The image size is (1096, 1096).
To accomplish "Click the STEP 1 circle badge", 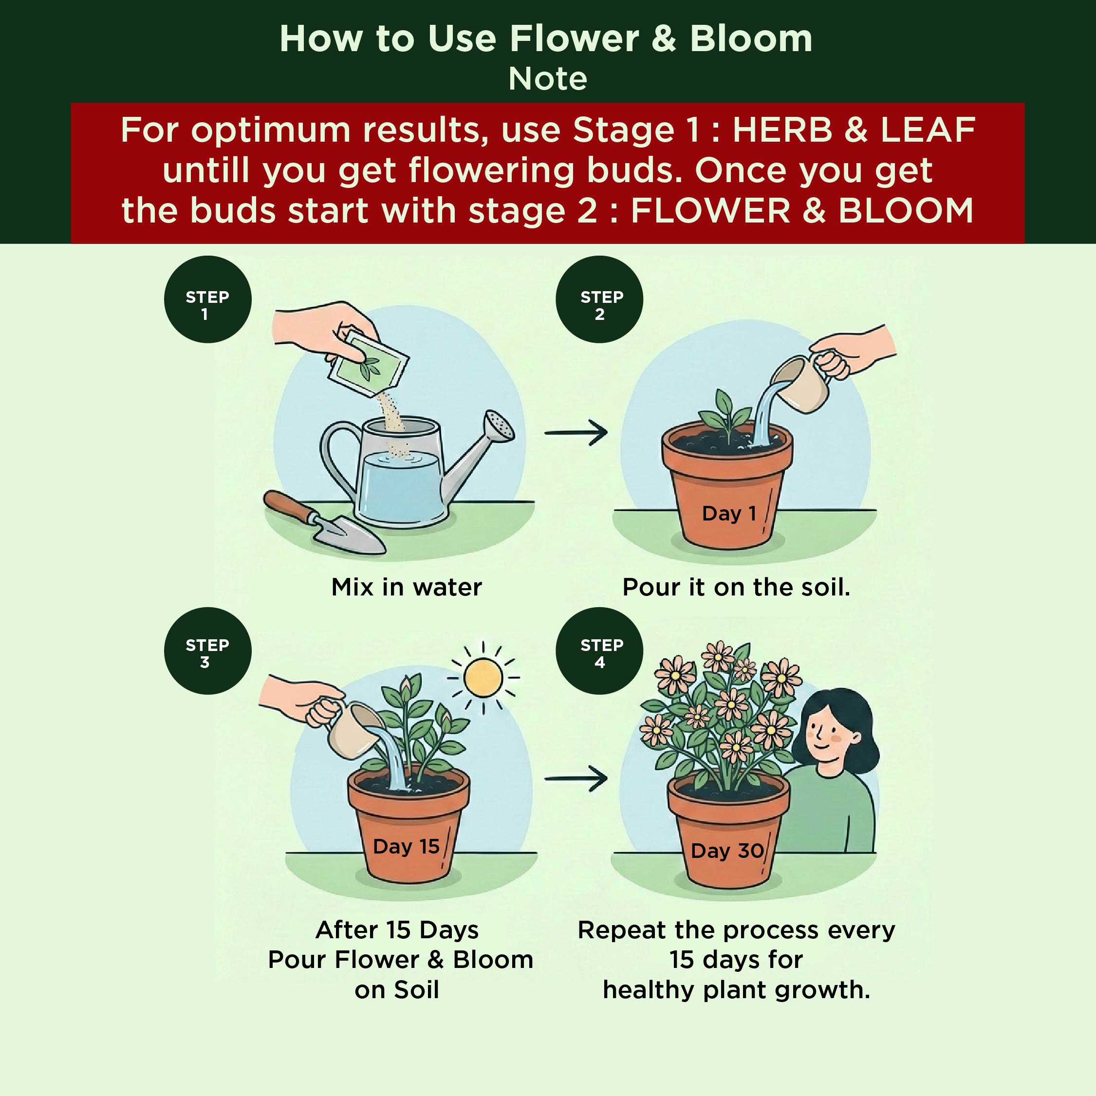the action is point(207,299).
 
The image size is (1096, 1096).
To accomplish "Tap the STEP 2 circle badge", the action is point(599,299).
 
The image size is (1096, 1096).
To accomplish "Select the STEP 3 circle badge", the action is point(207,650).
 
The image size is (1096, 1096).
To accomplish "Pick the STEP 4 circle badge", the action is point(599,650).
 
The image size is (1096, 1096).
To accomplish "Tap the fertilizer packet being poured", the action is point(369,363).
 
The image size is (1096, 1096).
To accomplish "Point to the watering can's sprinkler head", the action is point(499,426).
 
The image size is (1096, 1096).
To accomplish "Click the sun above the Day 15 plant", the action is point(483,677).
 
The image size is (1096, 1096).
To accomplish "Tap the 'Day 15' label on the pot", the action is point(406,846).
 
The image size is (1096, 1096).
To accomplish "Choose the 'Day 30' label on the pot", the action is point(727,851).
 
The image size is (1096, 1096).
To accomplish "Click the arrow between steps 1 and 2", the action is point(576,433).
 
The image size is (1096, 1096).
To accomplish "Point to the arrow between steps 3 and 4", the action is point(576,779).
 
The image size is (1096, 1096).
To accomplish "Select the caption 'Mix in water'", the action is point(407,587).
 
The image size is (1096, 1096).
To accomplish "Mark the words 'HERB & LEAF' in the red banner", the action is point(854,130).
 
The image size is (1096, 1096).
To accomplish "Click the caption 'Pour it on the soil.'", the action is point(736,587).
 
